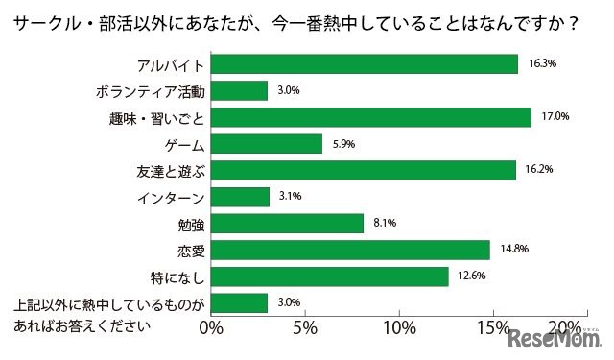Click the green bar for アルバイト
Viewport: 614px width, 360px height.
coord(364,63)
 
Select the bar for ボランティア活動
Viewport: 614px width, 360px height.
coord(239,90)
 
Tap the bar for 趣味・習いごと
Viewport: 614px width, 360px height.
coord(370,117)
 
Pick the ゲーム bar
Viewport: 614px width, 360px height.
coord(266,144)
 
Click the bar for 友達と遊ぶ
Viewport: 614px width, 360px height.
coord(363,170)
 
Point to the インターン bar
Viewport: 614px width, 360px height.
coord(240,197)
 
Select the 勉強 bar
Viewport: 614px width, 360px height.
coord(287,224)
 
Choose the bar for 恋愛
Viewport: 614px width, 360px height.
coord(349,251)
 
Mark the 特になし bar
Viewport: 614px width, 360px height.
coord(329,276)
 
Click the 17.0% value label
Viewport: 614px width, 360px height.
coord(556,117)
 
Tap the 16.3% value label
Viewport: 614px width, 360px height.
coord(544,63)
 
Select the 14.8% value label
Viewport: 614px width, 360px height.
coord(516,251)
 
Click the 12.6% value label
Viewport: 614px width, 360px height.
coord(473,276)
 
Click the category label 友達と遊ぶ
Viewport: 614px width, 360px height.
coord(171,171)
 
